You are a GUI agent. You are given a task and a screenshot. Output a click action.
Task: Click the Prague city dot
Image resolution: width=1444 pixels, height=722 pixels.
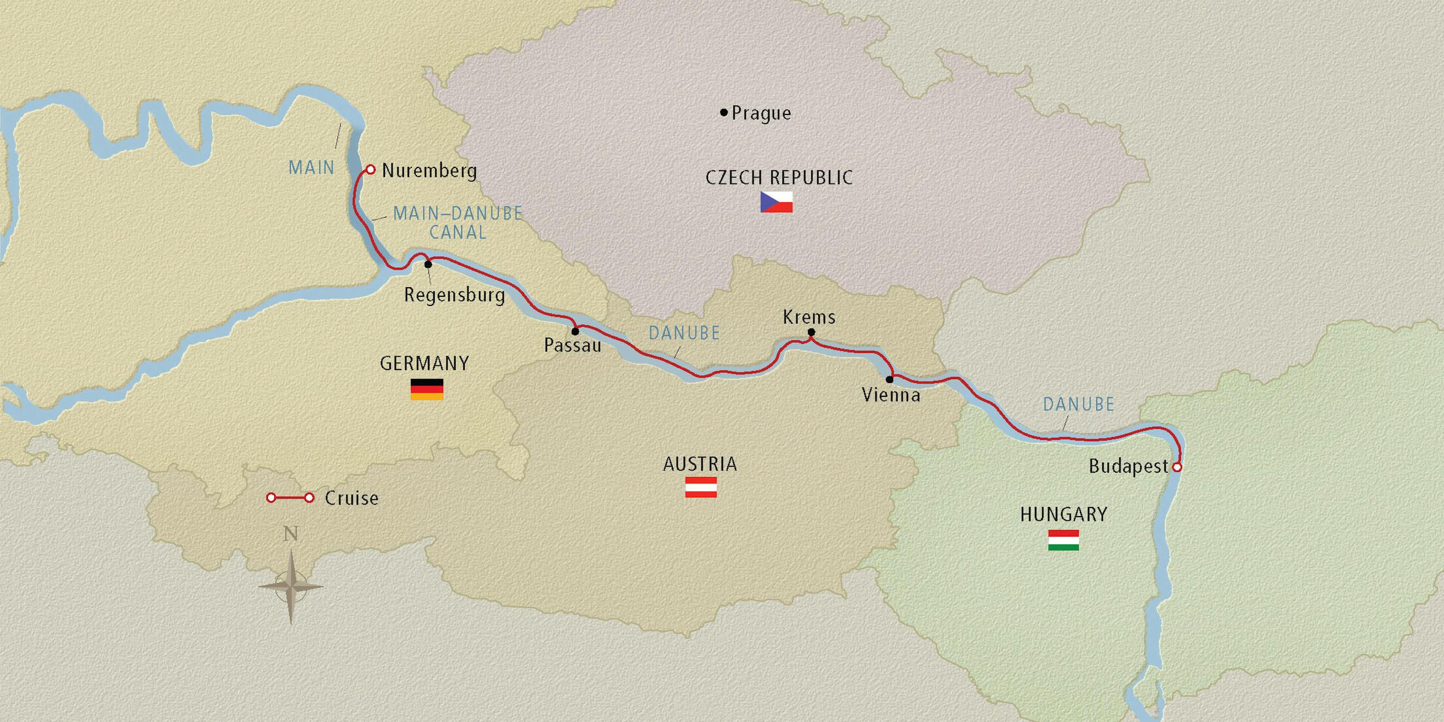[x=724, y=113]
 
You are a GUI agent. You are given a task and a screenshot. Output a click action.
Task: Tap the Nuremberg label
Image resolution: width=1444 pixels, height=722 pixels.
[x=429, y=171]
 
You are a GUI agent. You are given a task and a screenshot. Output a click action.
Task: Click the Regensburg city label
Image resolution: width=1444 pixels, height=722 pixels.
[x=454, y=295]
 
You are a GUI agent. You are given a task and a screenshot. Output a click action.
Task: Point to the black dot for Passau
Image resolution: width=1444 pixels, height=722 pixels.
[x=575, y=331]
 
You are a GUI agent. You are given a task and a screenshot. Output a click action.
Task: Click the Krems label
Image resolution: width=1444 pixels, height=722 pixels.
[x=809, y=317]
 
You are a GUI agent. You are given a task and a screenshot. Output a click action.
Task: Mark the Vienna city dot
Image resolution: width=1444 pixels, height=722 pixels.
[x=889, y=380]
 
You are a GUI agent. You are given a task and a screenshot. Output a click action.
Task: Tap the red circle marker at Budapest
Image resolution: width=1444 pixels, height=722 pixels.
[x=1177, y=467]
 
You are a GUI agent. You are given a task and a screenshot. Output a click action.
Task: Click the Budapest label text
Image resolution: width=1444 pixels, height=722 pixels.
[x=1128, y=466]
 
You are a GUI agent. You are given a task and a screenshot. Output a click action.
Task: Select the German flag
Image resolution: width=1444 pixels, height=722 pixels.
[x=427, y=389]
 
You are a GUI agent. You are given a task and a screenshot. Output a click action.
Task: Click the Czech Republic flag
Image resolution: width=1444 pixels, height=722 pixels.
[x=776, y=202]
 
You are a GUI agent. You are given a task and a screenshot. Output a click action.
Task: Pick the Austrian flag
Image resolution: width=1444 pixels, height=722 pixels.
[x=701, y=487]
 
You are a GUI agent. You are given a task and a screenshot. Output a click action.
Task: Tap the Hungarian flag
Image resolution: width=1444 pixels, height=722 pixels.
[x=1063, y=540]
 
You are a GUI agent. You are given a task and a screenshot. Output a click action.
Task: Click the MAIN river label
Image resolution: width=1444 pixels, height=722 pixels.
[x=311, y=167]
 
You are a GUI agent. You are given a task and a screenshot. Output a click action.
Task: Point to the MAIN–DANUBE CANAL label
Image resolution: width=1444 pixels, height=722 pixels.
[x=457, y=222]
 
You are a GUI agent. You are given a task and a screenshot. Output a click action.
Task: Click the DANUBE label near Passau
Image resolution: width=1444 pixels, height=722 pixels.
[x=684, y=334]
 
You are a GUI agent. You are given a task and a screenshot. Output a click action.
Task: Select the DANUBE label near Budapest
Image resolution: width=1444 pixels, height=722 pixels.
[x=1078, y=404]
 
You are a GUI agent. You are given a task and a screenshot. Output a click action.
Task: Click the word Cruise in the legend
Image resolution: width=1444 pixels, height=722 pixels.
[x=351, y=498]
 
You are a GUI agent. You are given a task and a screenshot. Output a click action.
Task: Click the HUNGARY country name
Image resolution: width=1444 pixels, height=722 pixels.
[x=1063, y=514]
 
